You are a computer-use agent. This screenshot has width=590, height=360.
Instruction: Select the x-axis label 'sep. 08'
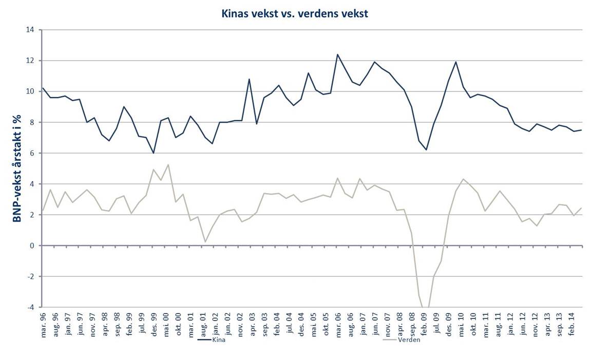pyautogui.click(x=412, y=323)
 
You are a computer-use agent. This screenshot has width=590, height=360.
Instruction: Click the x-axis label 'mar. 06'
pyautogui.click(x=338, y=323)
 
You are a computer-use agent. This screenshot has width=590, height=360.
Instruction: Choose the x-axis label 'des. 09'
pyautogui.click(x=448, y=323)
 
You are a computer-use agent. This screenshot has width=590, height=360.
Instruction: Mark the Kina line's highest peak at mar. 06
pyautogui.click(x=338, y=54)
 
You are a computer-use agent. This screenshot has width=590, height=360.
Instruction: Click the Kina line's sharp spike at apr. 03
pyautogui.click(x=249, y=79)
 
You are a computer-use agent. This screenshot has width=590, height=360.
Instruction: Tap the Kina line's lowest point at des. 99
pyautogui.click(x=153, y=153)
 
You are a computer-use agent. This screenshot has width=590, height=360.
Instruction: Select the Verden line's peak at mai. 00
pyautogui.click(x=168, y=165)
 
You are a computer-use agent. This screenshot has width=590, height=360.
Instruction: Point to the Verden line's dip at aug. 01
pyautogui.click(x=205, y=242)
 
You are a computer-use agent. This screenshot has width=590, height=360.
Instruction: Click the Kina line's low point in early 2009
pyautogui.click(x=426, y=149)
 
